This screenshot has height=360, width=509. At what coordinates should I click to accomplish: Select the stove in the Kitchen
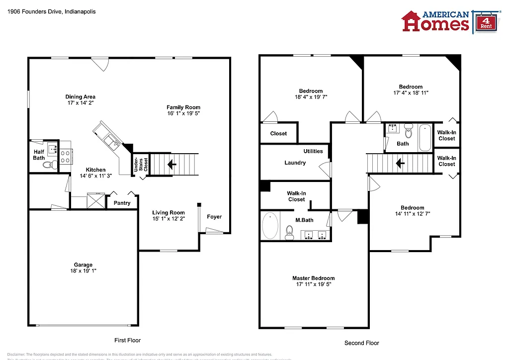[66, 157]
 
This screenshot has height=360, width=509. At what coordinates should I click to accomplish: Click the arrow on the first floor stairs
[171, 164]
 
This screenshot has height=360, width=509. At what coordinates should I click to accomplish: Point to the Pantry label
[122, 203]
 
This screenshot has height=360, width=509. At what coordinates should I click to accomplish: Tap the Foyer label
[214, 217]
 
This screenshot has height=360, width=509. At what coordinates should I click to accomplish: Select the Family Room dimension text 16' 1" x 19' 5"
[183, 113]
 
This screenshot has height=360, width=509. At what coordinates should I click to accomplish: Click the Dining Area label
[80, 97]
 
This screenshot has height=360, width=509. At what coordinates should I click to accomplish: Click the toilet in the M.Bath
[290, 232]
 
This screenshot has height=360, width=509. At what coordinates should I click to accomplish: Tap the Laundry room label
[295, 163]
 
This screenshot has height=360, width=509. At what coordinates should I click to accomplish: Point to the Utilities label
[313, 151]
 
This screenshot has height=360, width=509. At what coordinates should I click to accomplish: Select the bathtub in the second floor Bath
[425, 138]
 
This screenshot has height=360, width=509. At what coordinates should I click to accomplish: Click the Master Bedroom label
[313, 278]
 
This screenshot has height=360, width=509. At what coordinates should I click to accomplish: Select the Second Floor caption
[361, 343]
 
